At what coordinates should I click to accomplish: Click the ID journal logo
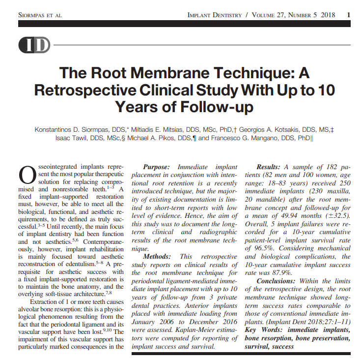pos(34,46)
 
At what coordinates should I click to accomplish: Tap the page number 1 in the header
pos(348,14)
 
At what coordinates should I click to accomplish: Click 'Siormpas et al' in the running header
pos(40,15)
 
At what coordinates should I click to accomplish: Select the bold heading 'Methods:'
pos(159,256)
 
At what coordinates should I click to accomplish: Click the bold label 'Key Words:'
pos(264,327)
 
